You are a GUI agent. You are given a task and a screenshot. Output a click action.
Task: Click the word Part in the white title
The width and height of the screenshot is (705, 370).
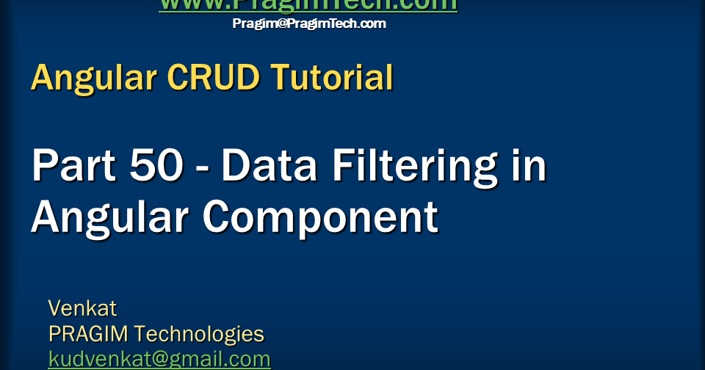(x=72, y=166)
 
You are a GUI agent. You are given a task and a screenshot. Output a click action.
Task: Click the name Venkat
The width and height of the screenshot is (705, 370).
(x=82, y=307)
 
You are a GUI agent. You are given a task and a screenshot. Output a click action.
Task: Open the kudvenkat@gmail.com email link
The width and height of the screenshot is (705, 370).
(x=159, y=359)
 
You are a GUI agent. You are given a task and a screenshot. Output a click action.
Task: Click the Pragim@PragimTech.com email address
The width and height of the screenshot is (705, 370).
(x=309, y=23)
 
